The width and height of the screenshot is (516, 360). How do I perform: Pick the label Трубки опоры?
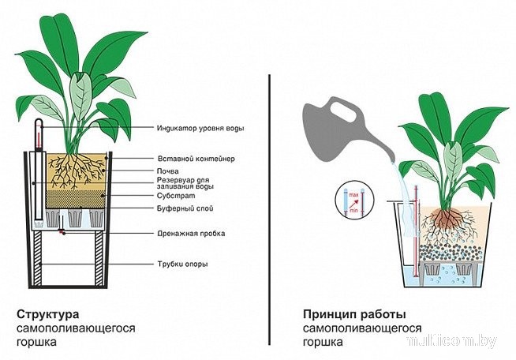(x=185, y=264)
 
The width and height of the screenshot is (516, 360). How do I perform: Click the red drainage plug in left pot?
(x=61, y=232)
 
